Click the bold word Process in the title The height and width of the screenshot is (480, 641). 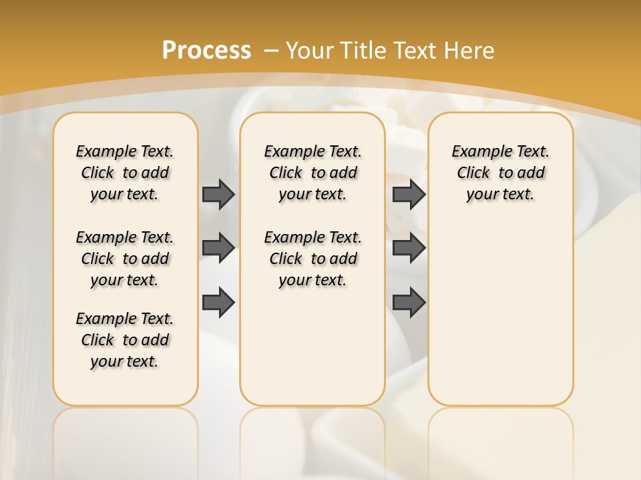click(206, 50)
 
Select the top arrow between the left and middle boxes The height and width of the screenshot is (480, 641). click(218, 194)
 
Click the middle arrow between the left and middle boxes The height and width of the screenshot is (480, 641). click(218, 248)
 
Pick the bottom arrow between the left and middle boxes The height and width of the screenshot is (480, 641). click(218, 302)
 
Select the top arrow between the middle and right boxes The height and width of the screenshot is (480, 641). click(409, 194)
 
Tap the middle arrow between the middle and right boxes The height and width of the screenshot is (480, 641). click(409, 248)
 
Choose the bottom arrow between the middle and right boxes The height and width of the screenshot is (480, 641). click(409, 302)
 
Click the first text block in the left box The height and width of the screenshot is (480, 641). click(125, 173)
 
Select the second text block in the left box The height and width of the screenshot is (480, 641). click(125, 259)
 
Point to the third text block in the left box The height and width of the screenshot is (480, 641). click(125, 340)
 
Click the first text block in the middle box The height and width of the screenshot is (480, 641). click(312, 173)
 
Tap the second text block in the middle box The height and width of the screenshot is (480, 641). click(312, 259)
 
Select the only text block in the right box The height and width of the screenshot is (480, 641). click(500, 173)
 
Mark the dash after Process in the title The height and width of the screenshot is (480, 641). click(271, 51)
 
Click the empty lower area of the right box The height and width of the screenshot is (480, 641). click(500, 313)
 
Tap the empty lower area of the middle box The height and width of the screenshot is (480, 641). click(312, 347)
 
